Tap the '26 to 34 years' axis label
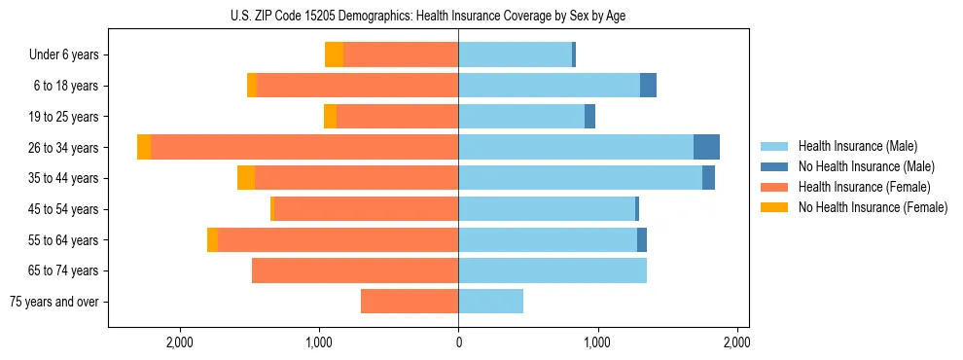coord(64,148)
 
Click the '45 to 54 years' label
coord(64,209)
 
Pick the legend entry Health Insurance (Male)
coord(854,146)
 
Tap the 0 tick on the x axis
coord(458,343)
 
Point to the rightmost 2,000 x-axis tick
coord(736,343)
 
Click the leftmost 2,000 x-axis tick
coord(180,343)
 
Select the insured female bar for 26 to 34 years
coord(304,147)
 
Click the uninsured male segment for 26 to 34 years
coord(706,147)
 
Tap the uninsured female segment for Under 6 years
coord(334,54)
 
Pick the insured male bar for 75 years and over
coord(490,302)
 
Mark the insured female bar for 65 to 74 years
coord(355,270)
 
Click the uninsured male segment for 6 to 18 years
coord(648,86)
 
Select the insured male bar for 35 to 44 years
coord(580,178)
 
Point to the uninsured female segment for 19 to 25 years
coord(330,117)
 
